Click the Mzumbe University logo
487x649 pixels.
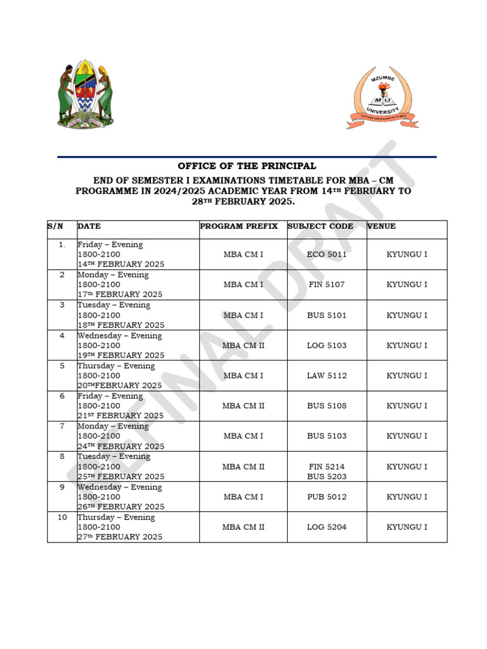tap(382, 98)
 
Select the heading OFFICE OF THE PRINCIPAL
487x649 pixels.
tap(247, 166)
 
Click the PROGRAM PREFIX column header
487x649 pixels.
tap(238, 226)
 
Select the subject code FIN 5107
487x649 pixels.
tap(327, 285)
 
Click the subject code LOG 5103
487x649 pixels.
tap(327, 345)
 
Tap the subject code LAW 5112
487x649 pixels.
tap(327, 376)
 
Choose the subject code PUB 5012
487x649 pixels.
tap(327, 497)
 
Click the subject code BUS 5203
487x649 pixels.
tap(327, 476)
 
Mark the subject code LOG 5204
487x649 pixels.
tap(327, 527)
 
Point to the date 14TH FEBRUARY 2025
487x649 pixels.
tap(120, 264)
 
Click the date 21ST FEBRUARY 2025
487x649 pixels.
tap(120, 416)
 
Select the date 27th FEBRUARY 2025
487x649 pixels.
tap(120, 537)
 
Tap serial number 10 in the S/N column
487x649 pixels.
tap(62, 517)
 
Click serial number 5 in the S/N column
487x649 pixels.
tap(62, 366)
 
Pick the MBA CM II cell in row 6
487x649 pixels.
tap(243, 406)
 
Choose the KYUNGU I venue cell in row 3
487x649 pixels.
tap(407, 315)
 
